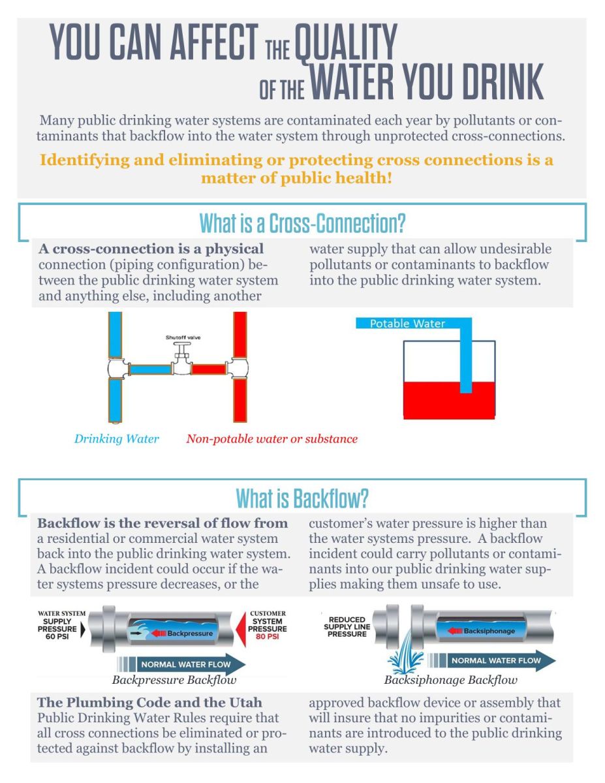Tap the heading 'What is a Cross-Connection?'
302,224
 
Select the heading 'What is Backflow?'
302,499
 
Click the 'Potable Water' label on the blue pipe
407,324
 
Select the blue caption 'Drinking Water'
116,439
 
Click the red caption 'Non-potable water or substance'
271,439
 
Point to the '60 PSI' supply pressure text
57,637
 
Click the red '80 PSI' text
267,637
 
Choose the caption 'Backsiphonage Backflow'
450,680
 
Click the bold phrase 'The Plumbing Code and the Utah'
150,703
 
